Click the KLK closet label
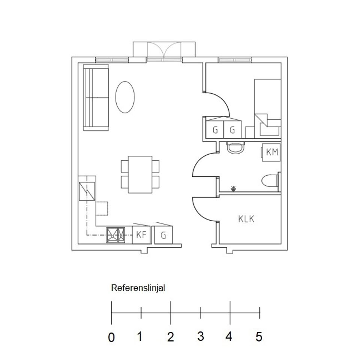coord(246,219)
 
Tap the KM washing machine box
coord(271,152)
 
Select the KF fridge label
coord(141,235)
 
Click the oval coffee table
coord(125,97)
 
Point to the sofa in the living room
coord(96,97)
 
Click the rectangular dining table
coord(140,175)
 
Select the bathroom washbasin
coord(235,148)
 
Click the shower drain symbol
coord(233,189)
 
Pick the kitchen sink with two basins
coord(115,235)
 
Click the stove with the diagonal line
coord(87,191)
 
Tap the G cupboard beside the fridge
coord(163,235)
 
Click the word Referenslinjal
coord(138,288)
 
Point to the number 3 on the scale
coord(201,336)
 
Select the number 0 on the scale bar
coord(111,337)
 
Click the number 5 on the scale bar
coord(259,337)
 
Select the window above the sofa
coord(112,60)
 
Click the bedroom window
coord(235,60)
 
